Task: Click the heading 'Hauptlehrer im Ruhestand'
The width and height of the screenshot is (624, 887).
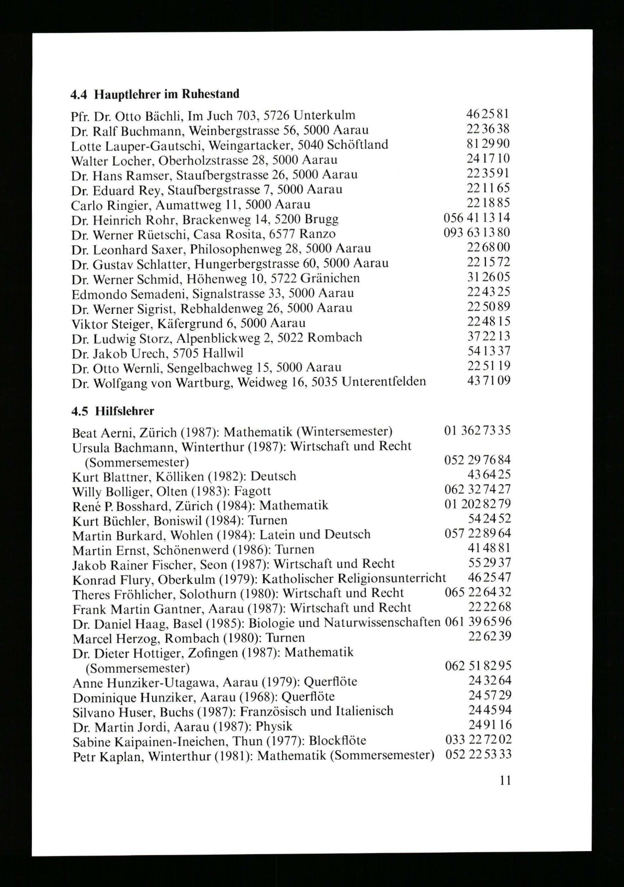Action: tap(167, 94)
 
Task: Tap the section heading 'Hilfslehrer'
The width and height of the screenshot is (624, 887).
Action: tap(124, 411)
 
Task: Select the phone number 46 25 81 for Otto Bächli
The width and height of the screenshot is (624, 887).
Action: tap(488, 114)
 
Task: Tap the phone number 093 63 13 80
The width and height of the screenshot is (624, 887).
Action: tap(477, 233)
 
